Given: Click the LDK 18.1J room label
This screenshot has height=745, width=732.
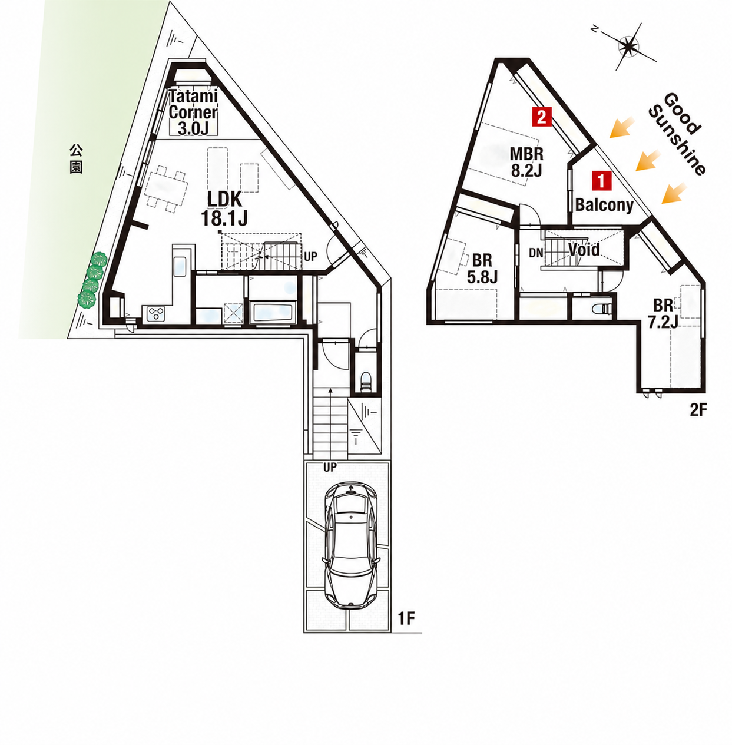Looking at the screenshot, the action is [224, 208].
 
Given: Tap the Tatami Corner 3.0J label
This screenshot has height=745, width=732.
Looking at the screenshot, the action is [193, 112].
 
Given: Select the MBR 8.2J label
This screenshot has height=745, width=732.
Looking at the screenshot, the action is [526, 161].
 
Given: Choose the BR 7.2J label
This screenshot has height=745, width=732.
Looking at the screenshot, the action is [663, 313].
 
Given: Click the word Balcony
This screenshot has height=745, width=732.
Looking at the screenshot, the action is [604, 205].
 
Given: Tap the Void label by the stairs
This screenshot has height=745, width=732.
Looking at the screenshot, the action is [584, 250].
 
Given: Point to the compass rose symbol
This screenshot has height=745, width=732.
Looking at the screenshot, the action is [628, 47].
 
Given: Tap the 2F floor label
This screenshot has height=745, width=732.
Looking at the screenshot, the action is [698, 410].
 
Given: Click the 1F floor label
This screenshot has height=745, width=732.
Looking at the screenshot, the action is [406, 619].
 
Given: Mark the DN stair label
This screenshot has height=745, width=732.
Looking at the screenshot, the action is [536, 253].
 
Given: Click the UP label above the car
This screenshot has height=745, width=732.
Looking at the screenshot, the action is [330, 468].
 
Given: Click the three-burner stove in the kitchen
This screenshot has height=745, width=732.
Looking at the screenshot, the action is [155, 313].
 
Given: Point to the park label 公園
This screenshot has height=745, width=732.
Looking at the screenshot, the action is [76, 159].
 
